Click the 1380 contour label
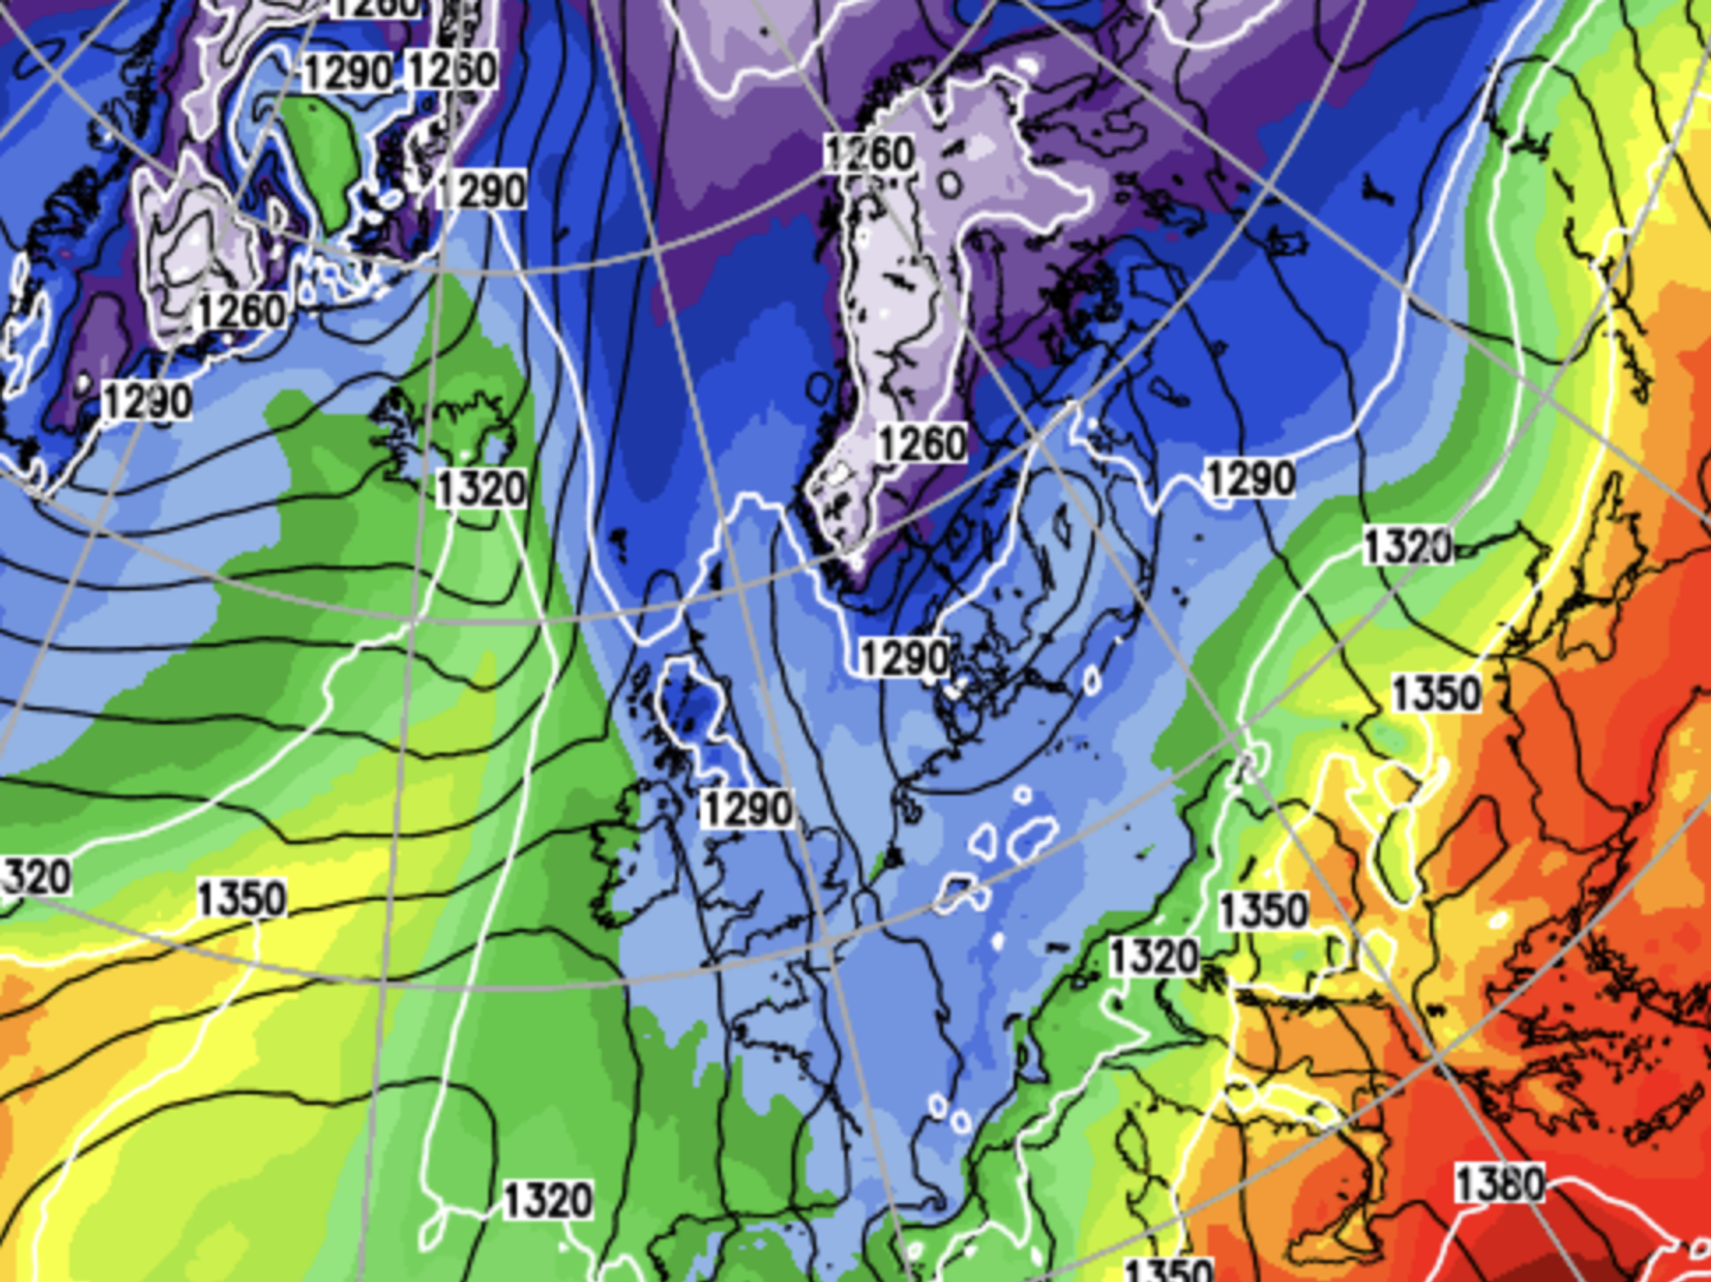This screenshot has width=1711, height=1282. coord(1500,1185)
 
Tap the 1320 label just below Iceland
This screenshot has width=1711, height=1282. coord(481,489)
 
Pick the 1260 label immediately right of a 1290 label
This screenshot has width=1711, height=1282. coord(453,69)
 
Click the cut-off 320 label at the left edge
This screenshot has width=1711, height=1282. coord(36,877)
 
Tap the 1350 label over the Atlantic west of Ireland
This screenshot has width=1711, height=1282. coord(242,899)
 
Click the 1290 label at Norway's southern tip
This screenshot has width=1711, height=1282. coord(905,658)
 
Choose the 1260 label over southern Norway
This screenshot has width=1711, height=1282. coord(922,444)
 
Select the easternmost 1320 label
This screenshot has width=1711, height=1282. coord(1407,546)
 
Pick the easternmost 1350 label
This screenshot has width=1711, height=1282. coord(1436,693)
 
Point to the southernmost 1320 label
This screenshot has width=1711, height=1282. coord(548,1200)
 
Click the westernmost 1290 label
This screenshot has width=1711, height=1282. coord(147,400)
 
